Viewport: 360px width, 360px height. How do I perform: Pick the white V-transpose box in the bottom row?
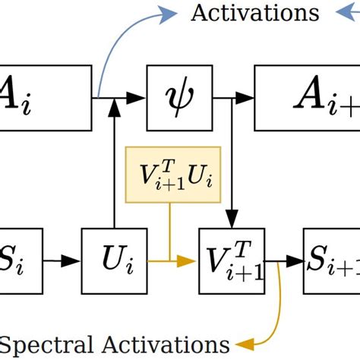pos(231,261)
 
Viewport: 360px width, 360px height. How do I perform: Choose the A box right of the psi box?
pos(308,96)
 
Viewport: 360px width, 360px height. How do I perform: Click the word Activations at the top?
pos(254,13)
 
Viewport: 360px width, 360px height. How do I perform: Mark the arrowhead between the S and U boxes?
pos(73,261)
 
